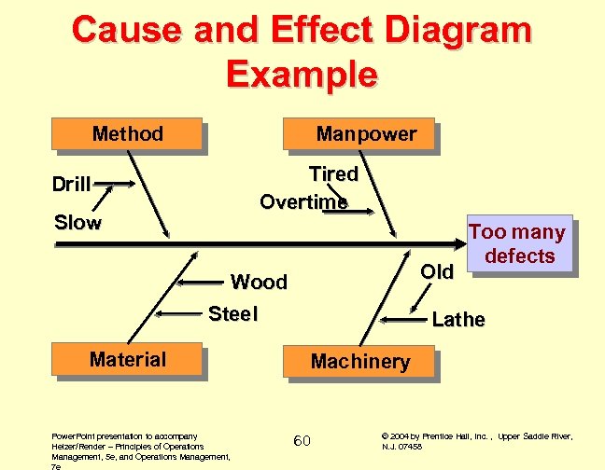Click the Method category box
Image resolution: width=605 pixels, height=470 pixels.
[x=128, y=134]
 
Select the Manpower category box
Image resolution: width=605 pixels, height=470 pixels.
[x=366, y=134]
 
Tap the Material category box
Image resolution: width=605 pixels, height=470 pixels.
[x=128, y=360]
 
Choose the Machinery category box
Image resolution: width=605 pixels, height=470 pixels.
[x=359, y=362]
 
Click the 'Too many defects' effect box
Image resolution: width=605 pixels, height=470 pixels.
[x=519, y=244]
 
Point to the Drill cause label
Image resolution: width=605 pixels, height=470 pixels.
[x=71, y=184]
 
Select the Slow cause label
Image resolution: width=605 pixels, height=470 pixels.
[x=77, y=223]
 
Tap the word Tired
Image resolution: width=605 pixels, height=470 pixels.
[x=333, y=174]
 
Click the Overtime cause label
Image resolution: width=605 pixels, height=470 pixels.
[x=303, y=201]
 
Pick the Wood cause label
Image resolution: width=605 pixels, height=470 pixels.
[x=259, y=282]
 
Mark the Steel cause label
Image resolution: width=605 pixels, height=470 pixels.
[x=232, y=314]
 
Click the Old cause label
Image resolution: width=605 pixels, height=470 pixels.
[x=437, y=271]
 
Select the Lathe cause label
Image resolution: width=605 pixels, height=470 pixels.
[x=458, y=320]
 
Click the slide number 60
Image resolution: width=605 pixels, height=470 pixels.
[x=302, y=440]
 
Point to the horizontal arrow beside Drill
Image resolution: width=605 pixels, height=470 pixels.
[x=111, y=184]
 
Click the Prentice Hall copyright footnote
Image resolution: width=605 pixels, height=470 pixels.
[x=476, y=440]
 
